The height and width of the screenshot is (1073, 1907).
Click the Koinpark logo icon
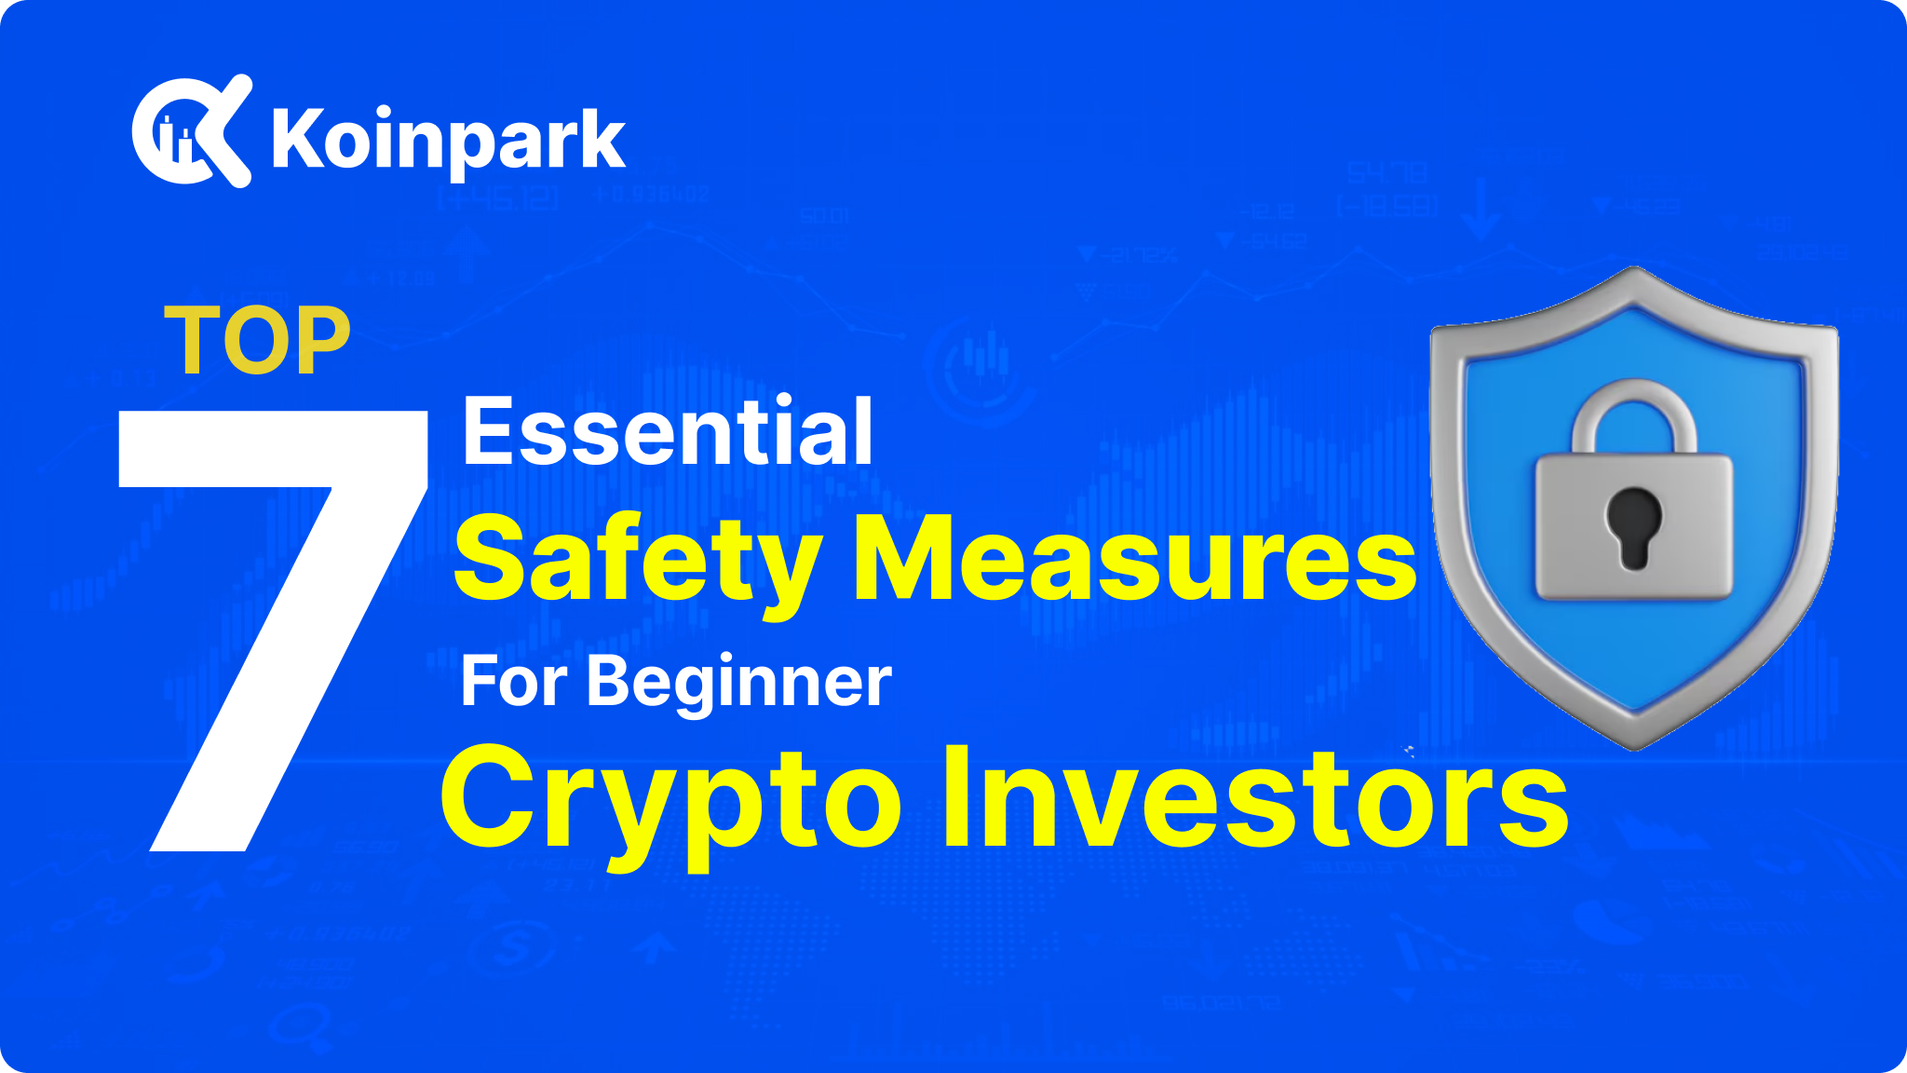tap(191, 131)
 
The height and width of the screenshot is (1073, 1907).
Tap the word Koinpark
tap(448, 141)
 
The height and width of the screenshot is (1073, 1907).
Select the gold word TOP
tap(257, 341)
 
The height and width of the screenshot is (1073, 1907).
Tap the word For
tap(513, 682)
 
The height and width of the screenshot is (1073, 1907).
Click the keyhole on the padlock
tap(1633, 527)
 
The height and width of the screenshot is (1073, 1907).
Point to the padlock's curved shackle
tap(1633, 410)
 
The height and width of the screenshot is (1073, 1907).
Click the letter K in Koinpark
tap(297, 140)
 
